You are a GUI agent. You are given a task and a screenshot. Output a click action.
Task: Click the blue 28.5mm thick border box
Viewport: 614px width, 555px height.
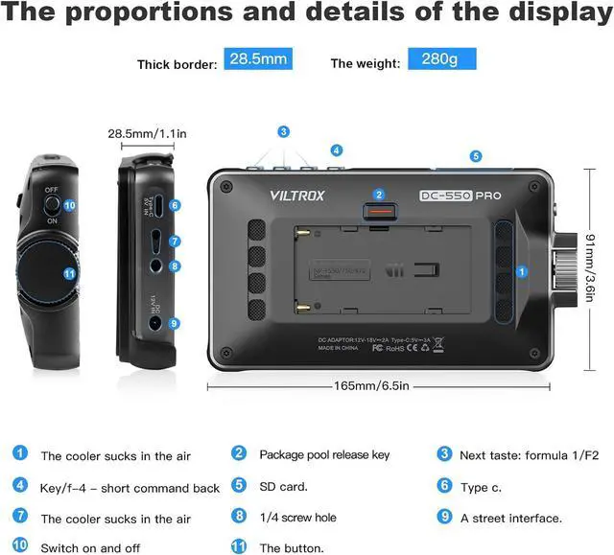[x=256, y=60]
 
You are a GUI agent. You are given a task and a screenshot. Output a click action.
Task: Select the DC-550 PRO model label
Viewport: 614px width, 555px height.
[x=460, y=195]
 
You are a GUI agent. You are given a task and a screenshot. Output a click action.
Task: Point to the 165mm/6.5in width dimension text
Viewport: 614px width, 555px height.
[x=370, y=386]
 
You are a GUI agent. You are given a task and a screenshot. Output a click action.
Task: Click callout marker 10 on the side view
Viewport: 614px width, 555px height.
[x=69, y=205]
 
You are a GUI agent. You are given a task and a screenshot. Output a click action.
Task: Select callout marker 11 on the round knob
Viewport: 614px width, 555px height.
[x=69, y=273]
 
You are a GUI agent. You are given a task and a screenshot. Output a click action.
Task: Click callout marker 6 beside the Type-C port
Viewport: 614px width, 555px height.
[x=175, y=205]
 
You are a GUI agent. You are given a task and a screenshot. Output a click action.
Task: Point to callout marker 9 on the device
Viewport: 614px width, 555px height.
[x=175, y=324]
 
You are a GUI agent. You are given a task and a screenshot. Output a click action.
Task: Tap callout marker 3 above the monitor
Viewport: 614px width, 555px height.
[x=283, y=131]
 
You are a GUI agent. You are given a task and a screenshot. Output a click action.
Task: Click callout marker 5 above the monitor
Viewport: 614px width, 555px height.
[x=476, y=155]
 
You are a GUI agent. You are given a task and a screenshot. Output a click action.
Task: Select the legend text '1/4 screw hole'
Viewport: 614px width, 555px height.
[x=297, y=518]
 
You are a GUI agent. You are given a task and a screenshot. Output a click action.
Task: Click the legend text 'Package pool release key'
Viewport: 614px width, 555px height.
[x=324, y=454]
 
